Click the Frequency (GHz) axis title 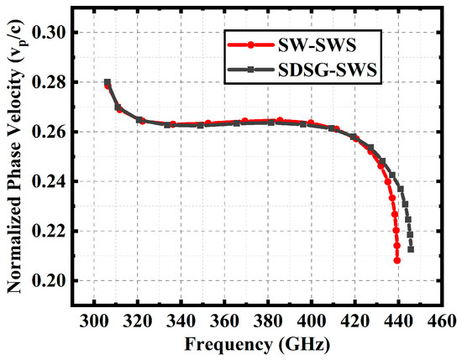tap(260, 344)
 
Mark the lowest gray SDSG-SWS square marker tap(410, 249)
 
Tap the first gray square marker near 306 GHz tap(108, 82)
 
